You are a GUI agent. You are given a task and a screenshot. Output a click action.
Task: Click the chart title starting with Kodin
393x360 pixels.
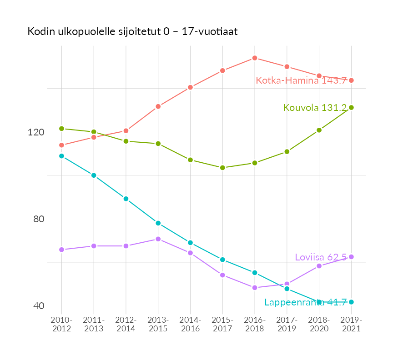tap(132, 32)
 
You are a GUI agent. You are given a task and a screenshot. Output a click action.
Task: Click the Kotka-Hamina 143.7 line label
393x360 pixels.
tap(301, 80)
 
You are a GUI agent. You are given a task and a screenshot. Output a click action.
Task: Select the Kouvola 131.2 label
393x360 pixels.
tap(315, 108)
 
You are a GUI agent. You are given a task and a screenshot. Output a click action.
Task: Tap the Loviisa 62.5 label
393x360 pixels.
tap(321, 257)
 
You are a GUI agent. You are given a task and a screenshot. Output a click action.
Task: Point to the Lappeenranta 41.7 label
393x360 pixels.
tap(306, 302)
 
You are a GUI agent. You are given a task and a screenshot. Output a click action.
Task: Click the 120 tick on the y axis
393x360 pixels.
tap(36, 132)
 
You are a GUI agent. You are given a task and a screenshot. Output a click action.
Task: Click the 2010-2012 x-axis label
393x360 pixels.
tap(61, 325)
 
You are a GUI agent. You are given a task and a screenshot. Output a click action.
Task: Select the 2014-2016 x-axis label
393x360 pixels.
tap(190, 325)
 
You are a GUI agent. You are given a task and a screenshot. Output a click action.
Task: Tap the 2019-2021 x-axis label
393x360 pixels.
tap(351, 325)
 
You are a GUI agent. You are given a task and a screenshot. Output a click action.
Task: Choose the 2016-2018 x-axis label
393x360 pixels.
tap(255, 325)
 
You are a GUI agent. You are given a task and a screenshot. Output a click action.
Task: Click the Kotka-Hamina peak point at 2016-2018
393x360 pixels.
tap(255, 58)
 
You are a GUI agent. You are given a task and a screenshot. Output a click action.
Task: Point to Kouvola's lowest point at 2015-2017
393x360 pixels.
tap(222, 168)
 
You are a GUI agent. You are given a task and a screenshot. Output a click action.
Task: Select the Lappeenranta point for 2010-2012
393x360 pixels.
tap(61, 156)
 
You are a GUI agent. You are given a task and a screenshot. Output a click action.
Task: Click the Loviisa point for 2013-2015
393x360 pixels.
tap(158, 239)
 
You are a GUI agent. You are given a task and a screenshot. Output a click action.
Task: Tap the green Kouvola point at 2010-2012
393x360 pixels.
tap(61, 129)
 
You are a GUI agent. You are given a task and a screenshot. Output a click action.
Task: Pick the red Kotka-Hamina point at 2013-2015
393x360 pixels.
tap(158, 107)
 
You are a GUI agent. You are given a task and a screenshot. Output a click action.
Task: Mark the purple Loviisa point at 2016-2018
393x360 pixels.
tap(255, 288)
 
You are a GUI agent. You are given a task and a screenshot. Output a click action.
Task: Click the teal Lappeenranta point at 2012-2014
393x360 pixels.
tap(126, 199)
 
